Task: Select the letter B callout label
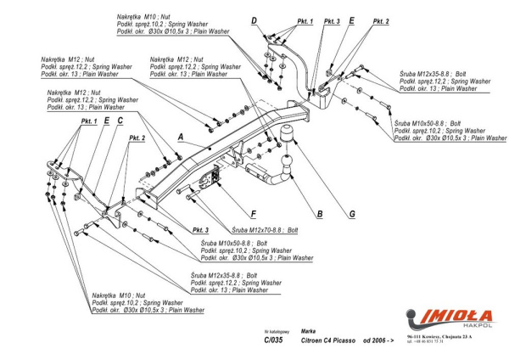(x=319, y=214)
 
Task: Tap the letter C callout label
(x=120, y=121)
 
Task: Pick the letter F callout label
(x=254, y=214)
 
